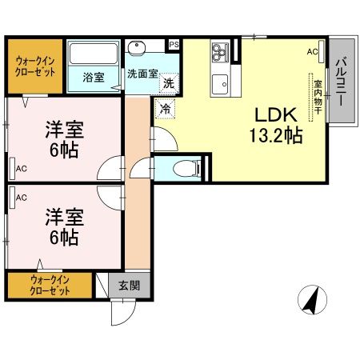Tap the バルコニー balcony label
point(341,82)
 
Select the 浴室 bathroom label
point(94,78)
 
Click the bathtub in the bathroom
point(94,55)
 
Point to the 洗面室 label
point(142,74)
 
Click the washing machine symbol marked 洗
point(169,82)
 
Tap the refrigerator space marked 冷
point(165,108)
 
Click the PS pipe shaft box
point(174,45)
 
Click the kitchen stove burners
point(219,53)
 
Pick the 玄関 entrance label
point(130,285)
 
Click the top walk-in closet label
point(34,66)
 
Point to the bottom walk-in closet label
point(50,285)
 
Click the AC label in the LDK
point(311,52)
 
